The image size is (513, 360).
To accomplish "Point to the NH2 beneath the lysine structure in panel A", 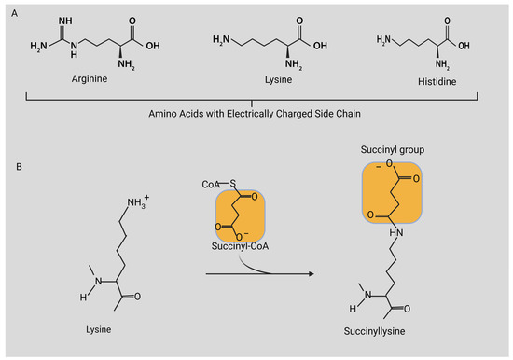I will pyautogui.click(x=270, y=63).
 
